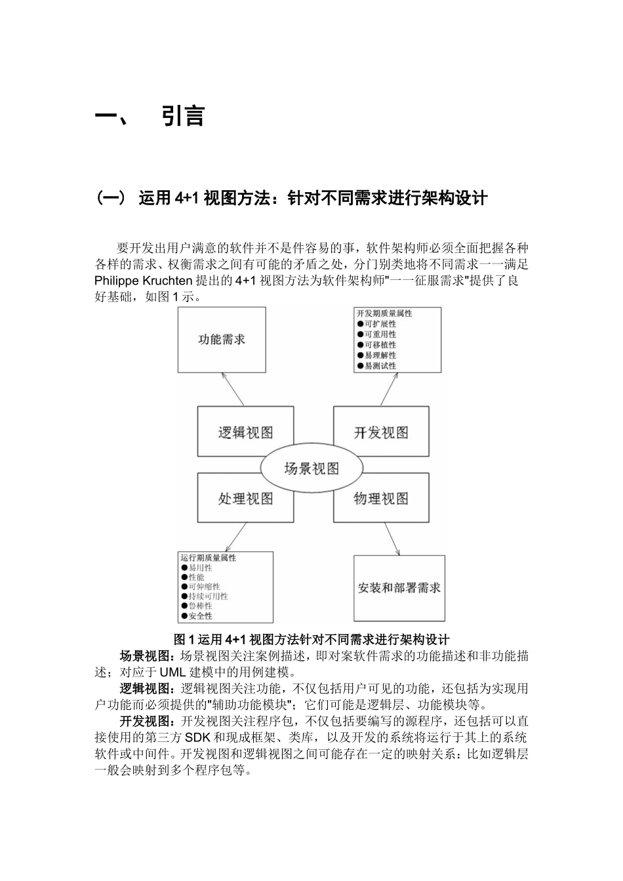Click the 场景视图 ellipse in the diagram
[x=311, y=468]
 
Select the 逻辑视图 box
[x=245, y=432]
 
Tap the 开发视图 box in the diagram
[x=381, y=432]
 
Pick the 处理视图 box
[x=245, y=499]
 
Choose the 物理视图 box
[x=381, y=499]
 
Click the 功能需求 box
[x=222, y=340]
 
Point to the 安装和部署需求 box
[x=399, y=588]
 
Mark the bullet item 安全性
[x=200, y=616]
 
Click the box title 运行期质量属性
[x=208, y=558]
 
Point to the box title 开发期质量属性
[x=384, y=313]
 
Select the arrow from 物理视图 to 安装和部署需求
[x=392, y=539]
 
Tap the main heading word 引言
[x=183, y=117]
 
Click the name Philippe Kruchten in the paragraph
[x=144, y=281]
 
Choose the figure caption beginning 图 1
[x=311, y=639]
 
